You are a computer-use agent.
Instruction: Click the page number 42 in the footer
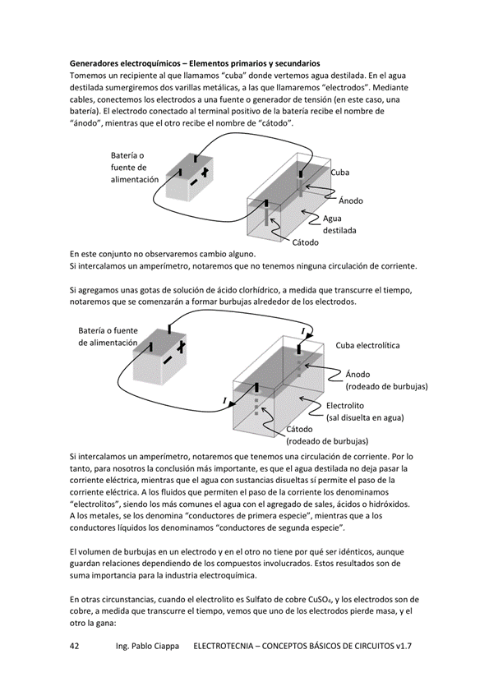[75, 646]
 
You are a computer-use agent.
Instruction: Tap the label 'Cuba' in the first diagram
[340, 173]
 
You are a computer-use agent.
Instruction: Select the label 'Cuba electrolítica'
[367, 345]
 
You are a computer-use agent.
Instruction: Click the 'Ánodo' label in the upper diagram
[351, 200]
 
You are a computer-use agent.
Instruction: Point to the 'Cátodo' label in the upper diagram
[306, 242]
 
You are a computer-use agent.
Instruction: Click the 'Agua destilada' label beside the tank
[339, 224]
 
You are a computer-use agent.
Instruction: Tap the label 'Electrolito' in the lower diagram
[345, 406]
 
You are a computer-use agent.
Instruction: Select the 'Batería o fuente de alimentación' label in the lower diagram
[108, 337]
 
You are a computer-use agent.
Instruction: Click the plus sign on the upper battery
[205, 173]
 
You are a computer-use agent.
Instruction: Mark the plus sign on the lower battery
[180, 347]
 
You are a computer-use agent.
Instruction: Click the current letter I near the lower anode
[302, 330]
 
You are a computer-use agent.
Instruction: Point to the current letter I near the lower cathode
[224, 400]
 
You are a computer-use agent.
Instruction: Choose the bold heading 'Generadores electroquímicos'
[125, 63]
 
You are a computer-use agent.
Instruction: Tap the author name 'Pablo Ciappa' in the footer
[155, 646]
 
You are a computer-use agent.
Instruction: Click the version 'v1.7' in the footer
[404, 646]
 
